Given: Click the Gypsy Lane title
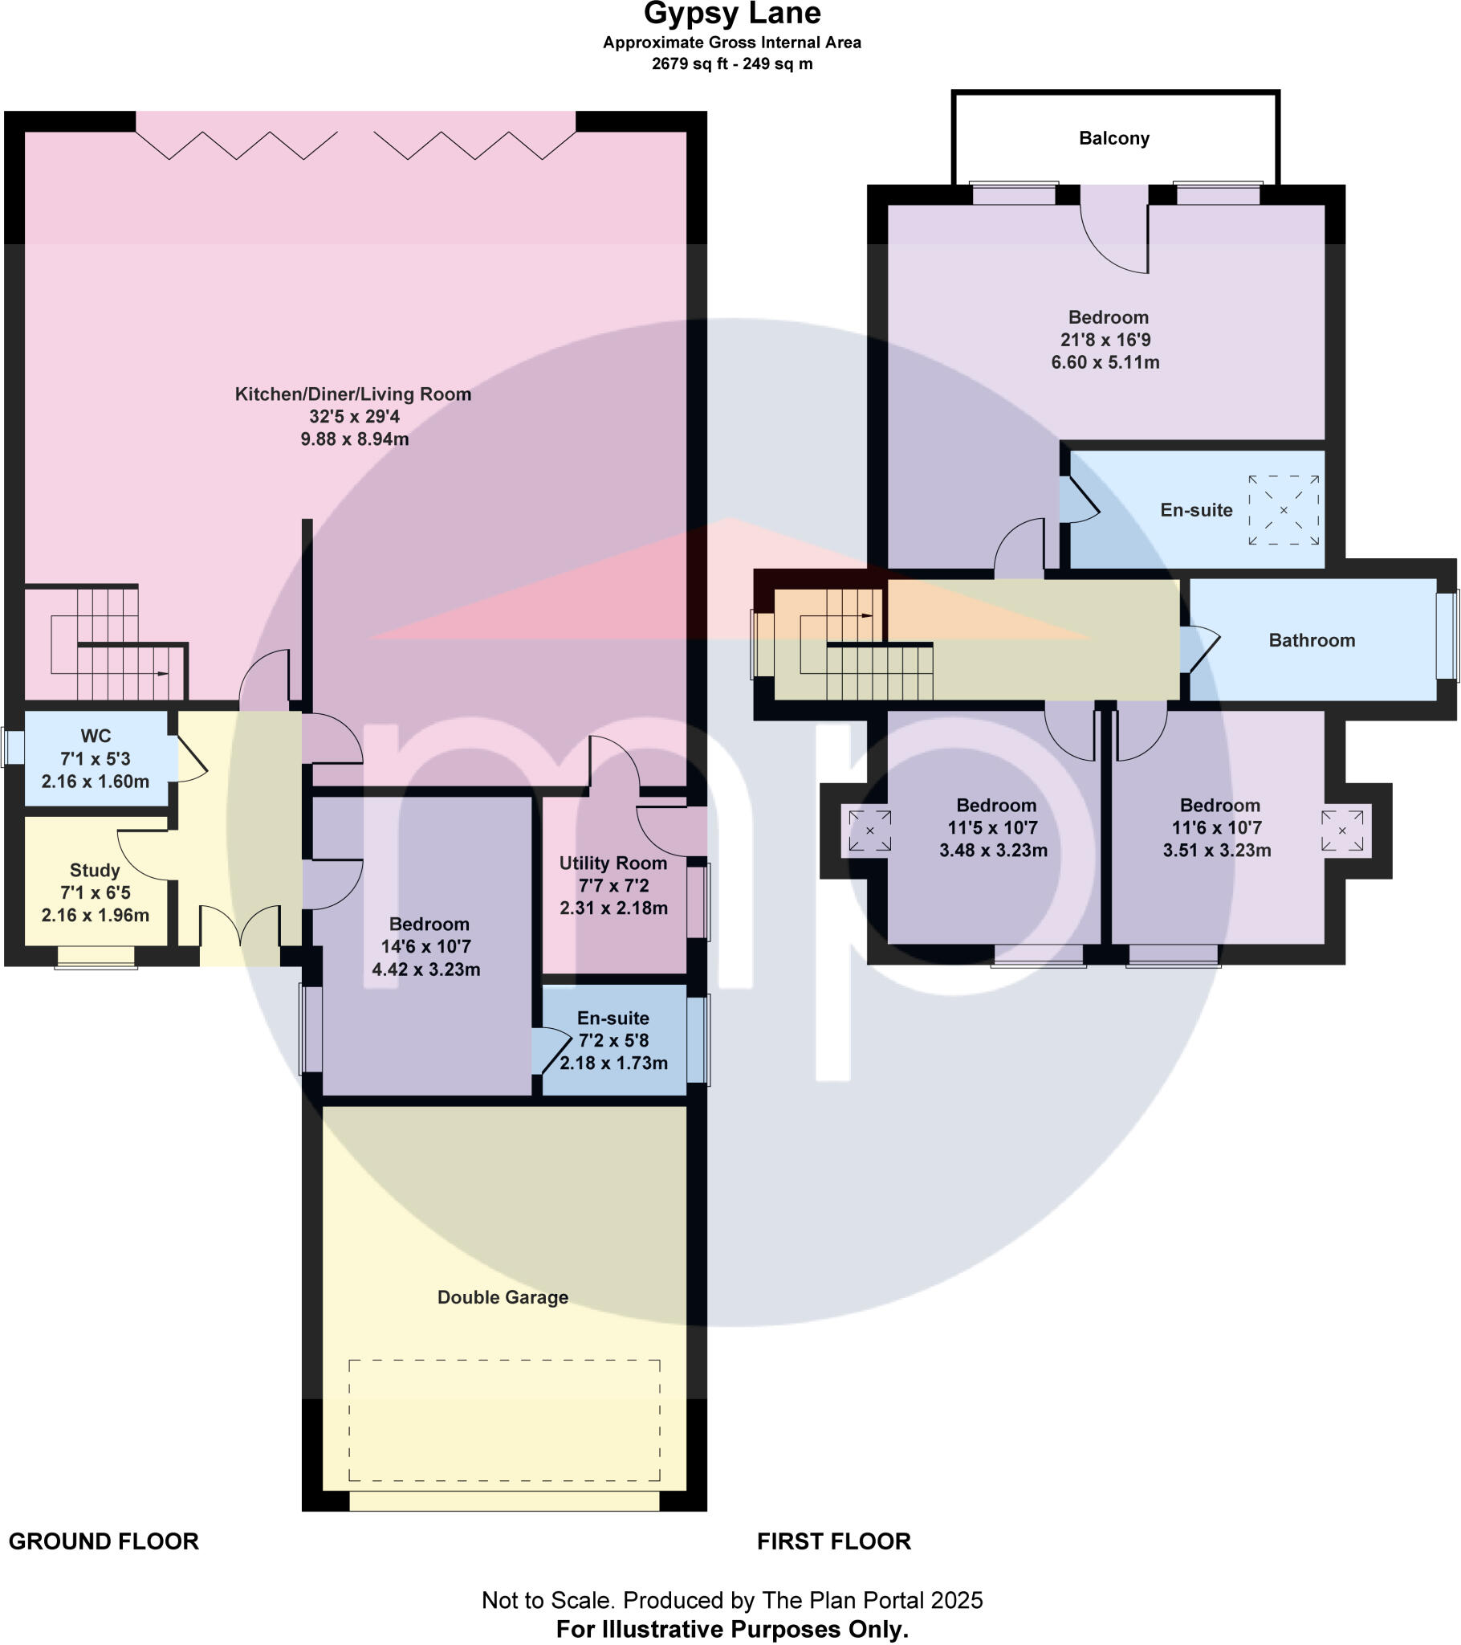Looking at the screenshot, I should tap(732, 14).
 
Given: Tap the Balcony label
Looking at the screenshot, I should tap(1114, 138).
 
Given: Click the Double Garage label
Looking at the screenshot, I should tap(503, 1297).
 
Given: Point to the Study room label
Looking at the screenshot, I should tap(95, 870).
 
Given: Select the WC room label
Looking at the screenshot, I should tap(96, 736).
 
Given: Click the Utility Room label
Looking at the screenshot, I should tap(613, 863).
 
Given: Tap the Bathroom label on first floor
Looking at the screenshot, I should tap(1312, 641).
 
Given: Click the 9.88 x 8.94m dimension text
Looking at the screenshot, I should tap(355, 439).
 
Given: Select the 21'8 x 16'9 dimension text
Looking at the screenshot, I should tap(1105, 340).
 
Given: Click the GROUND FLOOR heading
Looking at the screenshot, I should tap(104, 1541).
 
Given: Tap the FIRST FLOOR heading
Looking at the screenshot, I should tap(834, 1541).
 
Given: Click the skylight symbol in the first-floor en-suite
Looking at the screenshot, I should tap(1284, 510).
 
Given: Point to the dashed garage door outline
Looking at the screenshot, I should tap(504, 1421).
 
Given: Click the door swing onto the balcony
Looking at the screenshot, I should tap(1115, 234).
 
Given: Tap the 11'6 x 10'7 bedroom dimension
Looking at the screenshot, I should tap(1216, 827).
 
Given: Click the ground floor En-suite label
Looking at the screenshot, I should tap(613, 1018).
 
